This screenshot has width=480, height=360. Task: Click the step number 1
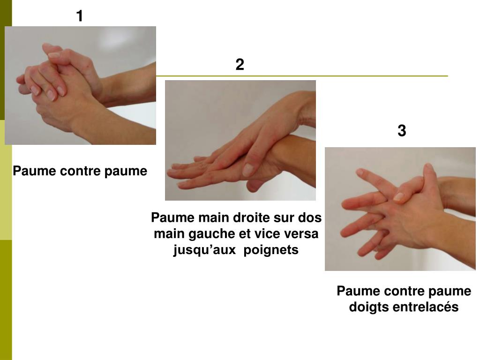coord(80,16)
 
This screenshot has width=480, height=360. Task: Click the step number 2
coord(240,65)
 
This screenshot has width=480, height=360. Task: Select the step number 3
coord(402,130)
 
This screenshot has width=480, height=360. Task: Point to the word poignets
coord(271,250)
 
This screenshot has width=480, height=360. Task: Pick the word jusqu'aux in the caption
coord(204,250)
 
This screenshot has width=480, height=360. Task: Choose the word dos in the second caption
coord(311,217)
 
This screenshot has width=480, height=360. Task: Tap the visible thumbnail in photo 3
coord(399,196)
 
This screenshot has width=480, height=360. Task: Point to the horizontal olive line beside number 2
coord(302,75)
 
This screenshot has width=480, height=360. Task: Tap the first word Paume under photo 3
coord(355,291)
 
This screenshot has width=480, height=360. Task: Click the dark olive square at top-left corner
coord(6,60)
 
